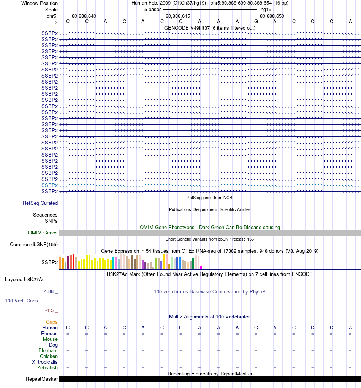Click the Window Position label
(x=40, y=3)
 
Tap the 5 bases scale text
(x=153, y=9)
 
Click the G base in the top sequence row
(x=256, y=21)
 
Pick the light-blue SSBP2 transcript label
(x=49, y=185)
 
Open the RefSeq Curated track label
(x=40, y=203)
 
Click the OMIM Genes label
(x=43, y=233)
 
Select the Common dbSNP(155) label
(x=34, y=244)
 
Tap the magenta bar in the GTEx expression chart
(x=201, y=267)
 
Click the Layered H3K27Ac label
(x=25, y=280)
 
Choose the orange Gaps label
(x=52, y=322)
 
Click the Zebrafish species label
(x=47, y=368)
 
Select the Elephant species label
(x=48, y=350)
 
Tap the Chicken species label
(x=49, y=356)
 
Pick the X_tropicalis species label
(x=45, y=362)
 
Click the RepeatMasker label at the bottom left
(x=42, y=379)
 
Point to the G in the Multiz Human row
(x=256, y=328)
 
